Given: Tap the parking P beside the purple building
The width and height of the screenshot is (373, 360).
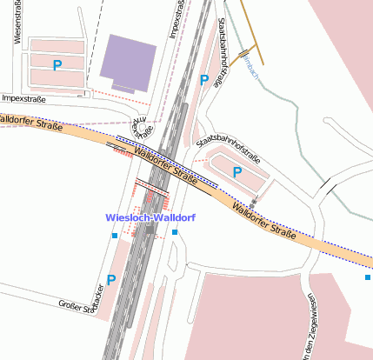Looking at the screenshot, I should pos(58,65).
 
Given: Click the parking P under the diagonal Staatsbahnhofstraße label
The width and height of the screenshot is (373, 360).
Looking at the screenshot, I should pos(236,172).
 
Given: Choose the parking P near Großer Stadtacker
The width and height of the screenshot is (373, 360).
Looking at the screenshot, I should pos(110,280).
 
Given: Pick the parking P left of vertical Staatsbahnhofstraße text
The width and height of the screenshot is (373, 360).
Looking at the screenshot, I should pos(204,80).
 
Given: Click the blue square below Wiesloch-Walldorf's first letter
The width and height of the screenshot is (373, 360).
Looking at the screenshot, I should pos(114,235).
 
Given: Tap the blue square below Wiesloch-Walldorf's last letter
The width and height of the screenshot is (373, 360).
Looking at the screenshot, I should pos(175,233).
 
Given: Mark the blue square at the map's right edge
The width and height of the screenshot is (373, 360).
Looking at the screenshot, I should pos(368,277).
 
